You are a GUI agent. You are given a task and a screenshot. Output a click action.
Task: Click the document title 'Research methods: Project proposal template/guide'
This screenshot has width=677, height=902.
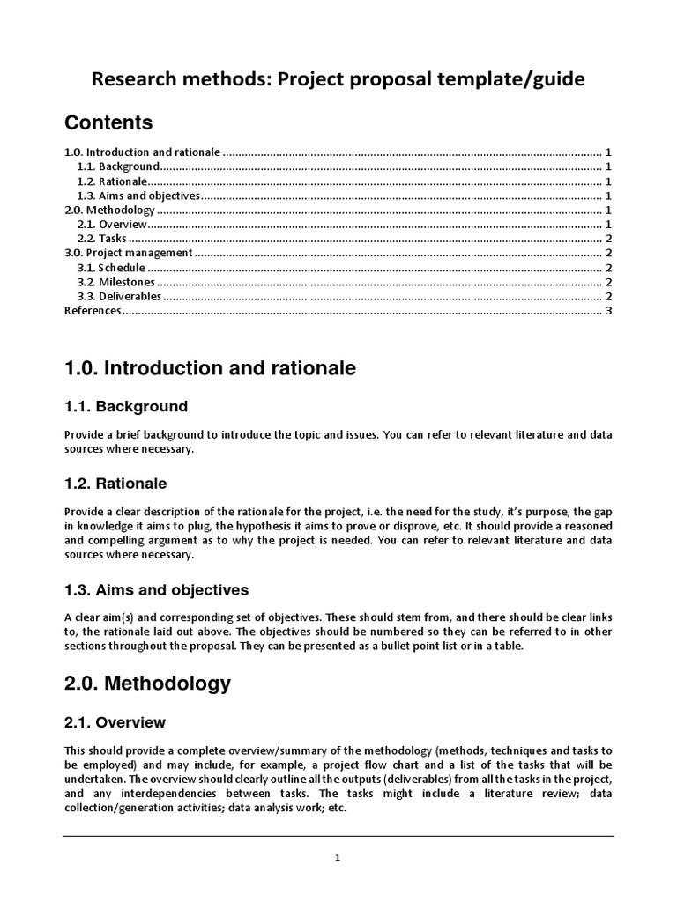point(338,79)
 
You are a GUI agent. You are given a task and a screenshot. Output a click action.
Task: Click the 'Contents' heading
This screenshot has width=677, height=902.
point(108,122)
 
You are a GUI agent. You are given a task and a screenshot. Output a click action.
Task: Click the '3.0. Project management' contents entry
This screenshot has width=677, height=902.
point(128,254)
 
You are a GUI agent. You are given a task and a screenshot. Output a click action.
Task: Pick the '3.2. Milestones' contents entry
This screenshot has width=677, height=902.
point(115,282)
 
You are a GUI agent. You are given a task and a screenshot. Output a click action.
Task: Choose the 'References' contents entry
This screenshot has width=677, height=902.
point(93,311)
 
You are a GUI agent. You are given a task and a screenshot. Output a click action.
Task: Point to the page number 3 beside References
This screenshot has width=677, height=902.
point(608,311)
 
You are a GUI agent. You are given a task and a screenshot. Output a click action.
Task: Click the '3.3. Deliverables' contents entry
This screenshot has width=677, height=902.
point(119,297)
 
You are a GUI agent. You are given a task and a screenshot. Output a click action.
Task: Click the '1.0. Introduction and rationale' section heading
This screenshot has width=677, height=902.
point(211,369)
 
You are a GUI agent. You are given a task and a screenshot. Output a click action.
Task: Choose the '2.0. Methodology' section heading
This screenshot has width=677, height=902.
point(148,683)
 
